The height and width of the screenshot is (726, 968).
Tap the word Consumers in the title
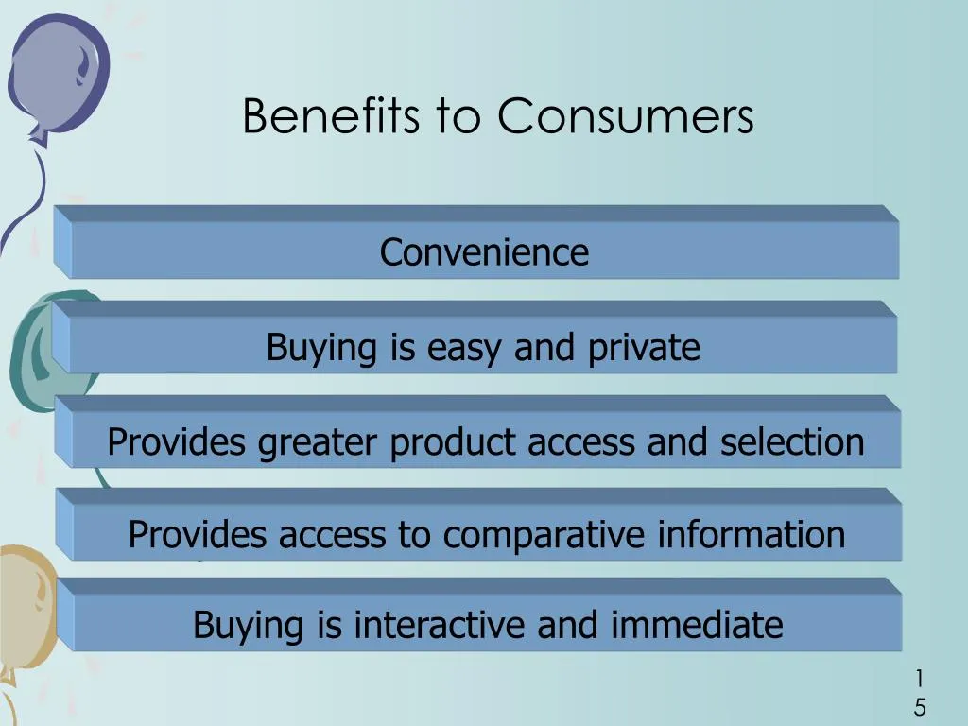[626, 117]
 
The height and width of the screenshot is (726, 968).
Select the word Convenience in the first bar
[484, 252]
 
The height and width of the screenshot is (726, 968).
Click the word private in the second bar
[644, 348]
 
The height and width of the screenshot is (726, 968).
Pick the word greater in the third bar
[320, 442]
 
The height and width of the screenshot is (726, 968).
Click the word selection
[792, 441]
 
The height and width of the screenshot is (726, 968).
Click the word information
[751, 535]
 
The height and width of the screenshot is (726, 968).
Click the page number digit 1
[919, 679]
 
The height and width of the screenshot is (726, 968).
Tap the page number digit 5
[919, 707]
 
